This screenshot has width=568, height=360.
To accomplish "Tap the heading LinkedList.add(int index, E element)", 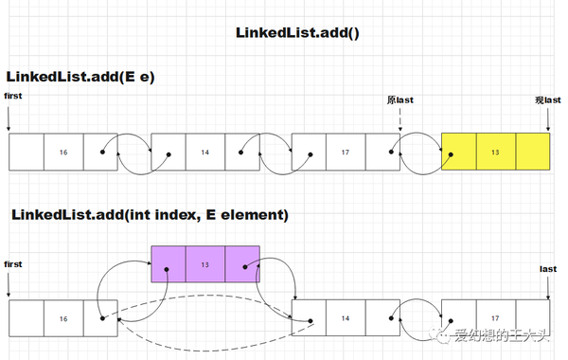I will click(x=150, y=215).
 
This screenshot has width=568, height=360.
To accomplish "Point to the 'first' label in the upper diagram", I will click(x=13, y=97).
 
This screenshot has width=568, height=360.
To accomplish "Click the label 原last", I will click(x=400, y=99).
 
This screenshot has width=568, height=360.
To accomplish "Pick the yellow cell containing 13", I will click(x=495, y=152).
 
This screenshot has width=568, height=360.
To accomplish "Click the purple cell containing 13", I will click(x=204, y=264).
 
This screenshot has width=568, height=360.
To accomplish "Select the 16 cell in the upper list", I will click(x=62, y=152).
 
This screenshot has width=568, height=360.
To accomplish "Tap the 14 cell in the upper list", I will click(x=204, y=152).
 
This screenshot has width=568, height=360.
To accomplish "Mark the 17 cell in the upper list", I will click(x=346, y=152).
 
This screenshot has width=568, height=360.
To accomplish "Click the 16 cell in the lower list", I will click(x=62, y=319).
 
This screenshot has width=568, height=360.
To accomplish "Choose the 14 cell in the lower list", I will click(x=346, y=319).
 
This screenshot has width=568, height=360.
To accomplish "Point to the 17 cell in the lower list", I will click(x=495, y=319).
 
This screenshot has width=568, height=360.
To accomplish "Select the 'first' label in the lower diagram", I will click(x=13, y=263).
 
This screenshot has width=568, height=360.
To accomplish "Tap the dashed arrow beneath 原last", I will click(x=400, y=118).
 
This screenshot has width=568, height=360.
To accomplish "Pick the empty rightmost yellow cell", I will click(x=532, y=152).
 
